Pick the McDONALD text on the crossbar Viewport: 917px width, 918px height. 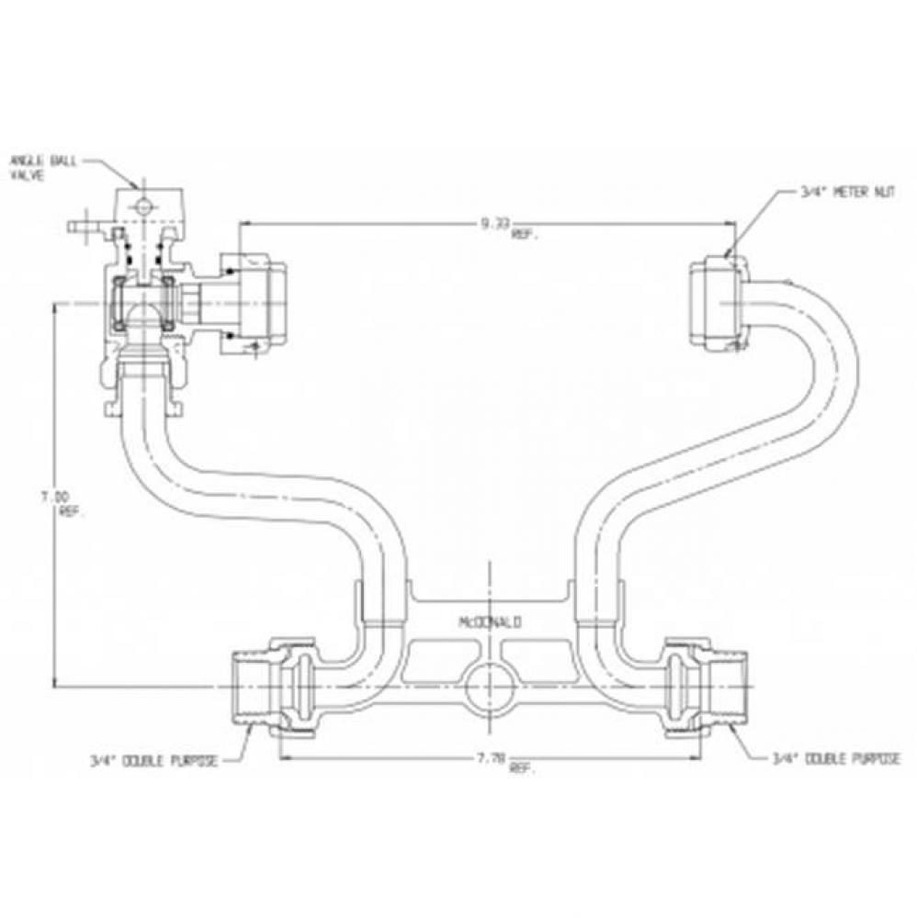click(490, 622)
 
